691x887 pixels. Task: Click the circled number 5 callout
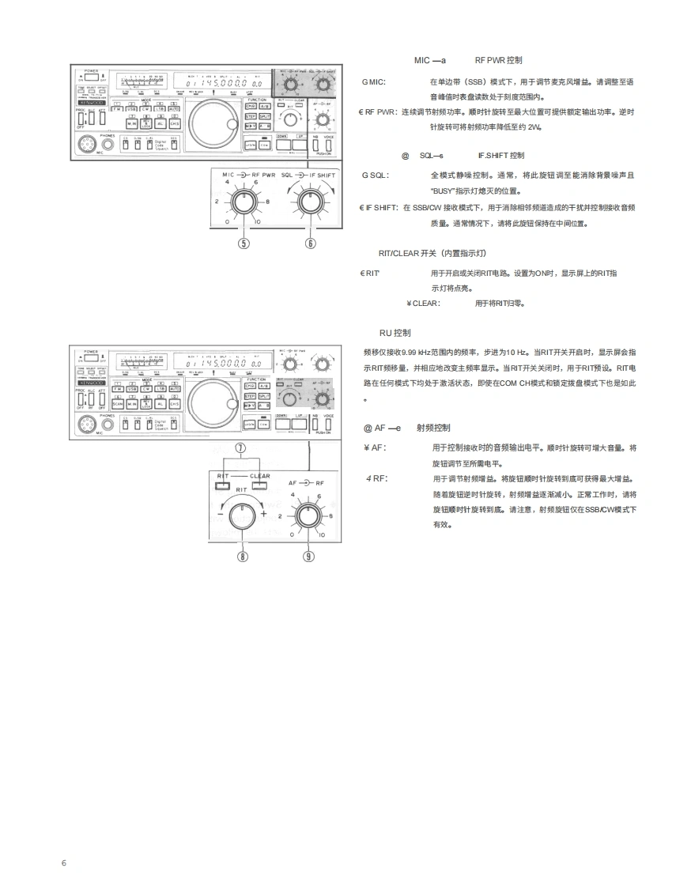[244, 243]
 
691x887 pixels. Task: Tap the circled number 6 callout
[310, 243]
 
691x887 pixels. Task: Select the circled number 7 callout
[242, 447]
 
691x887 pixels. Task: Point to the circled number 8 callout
[243, 556]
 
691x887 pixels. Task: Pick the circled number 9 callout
[308, 556]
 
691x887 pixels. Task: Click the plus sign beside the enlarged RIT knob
[263, 514]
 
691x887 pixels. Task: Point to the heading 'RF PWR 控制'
[498, 60]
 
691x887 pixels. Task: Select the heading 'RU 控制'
[395, 333]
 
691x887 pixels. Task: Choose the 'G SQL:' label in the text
[376, 175]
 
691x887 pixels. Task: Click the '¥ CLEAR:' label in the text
[424, 303]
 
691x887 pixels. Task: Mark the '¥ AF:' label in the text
[374, 447]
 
